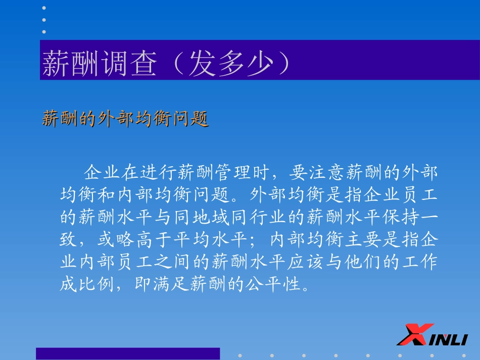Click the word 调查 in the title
click(x=128, y=63)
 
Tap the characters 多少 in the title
click(x=246, y=63)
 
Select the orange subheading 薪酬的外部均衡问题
click(x=125, y=119)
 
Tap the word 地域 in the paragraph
click(x=211, y=217)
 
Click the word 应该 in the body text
click(x=305, y=262)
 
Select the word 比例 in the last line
click(x=97, y=284)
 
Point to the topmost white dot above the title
click(x=44, y=8)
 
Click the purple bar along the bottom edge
click(x=128, y=353)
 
